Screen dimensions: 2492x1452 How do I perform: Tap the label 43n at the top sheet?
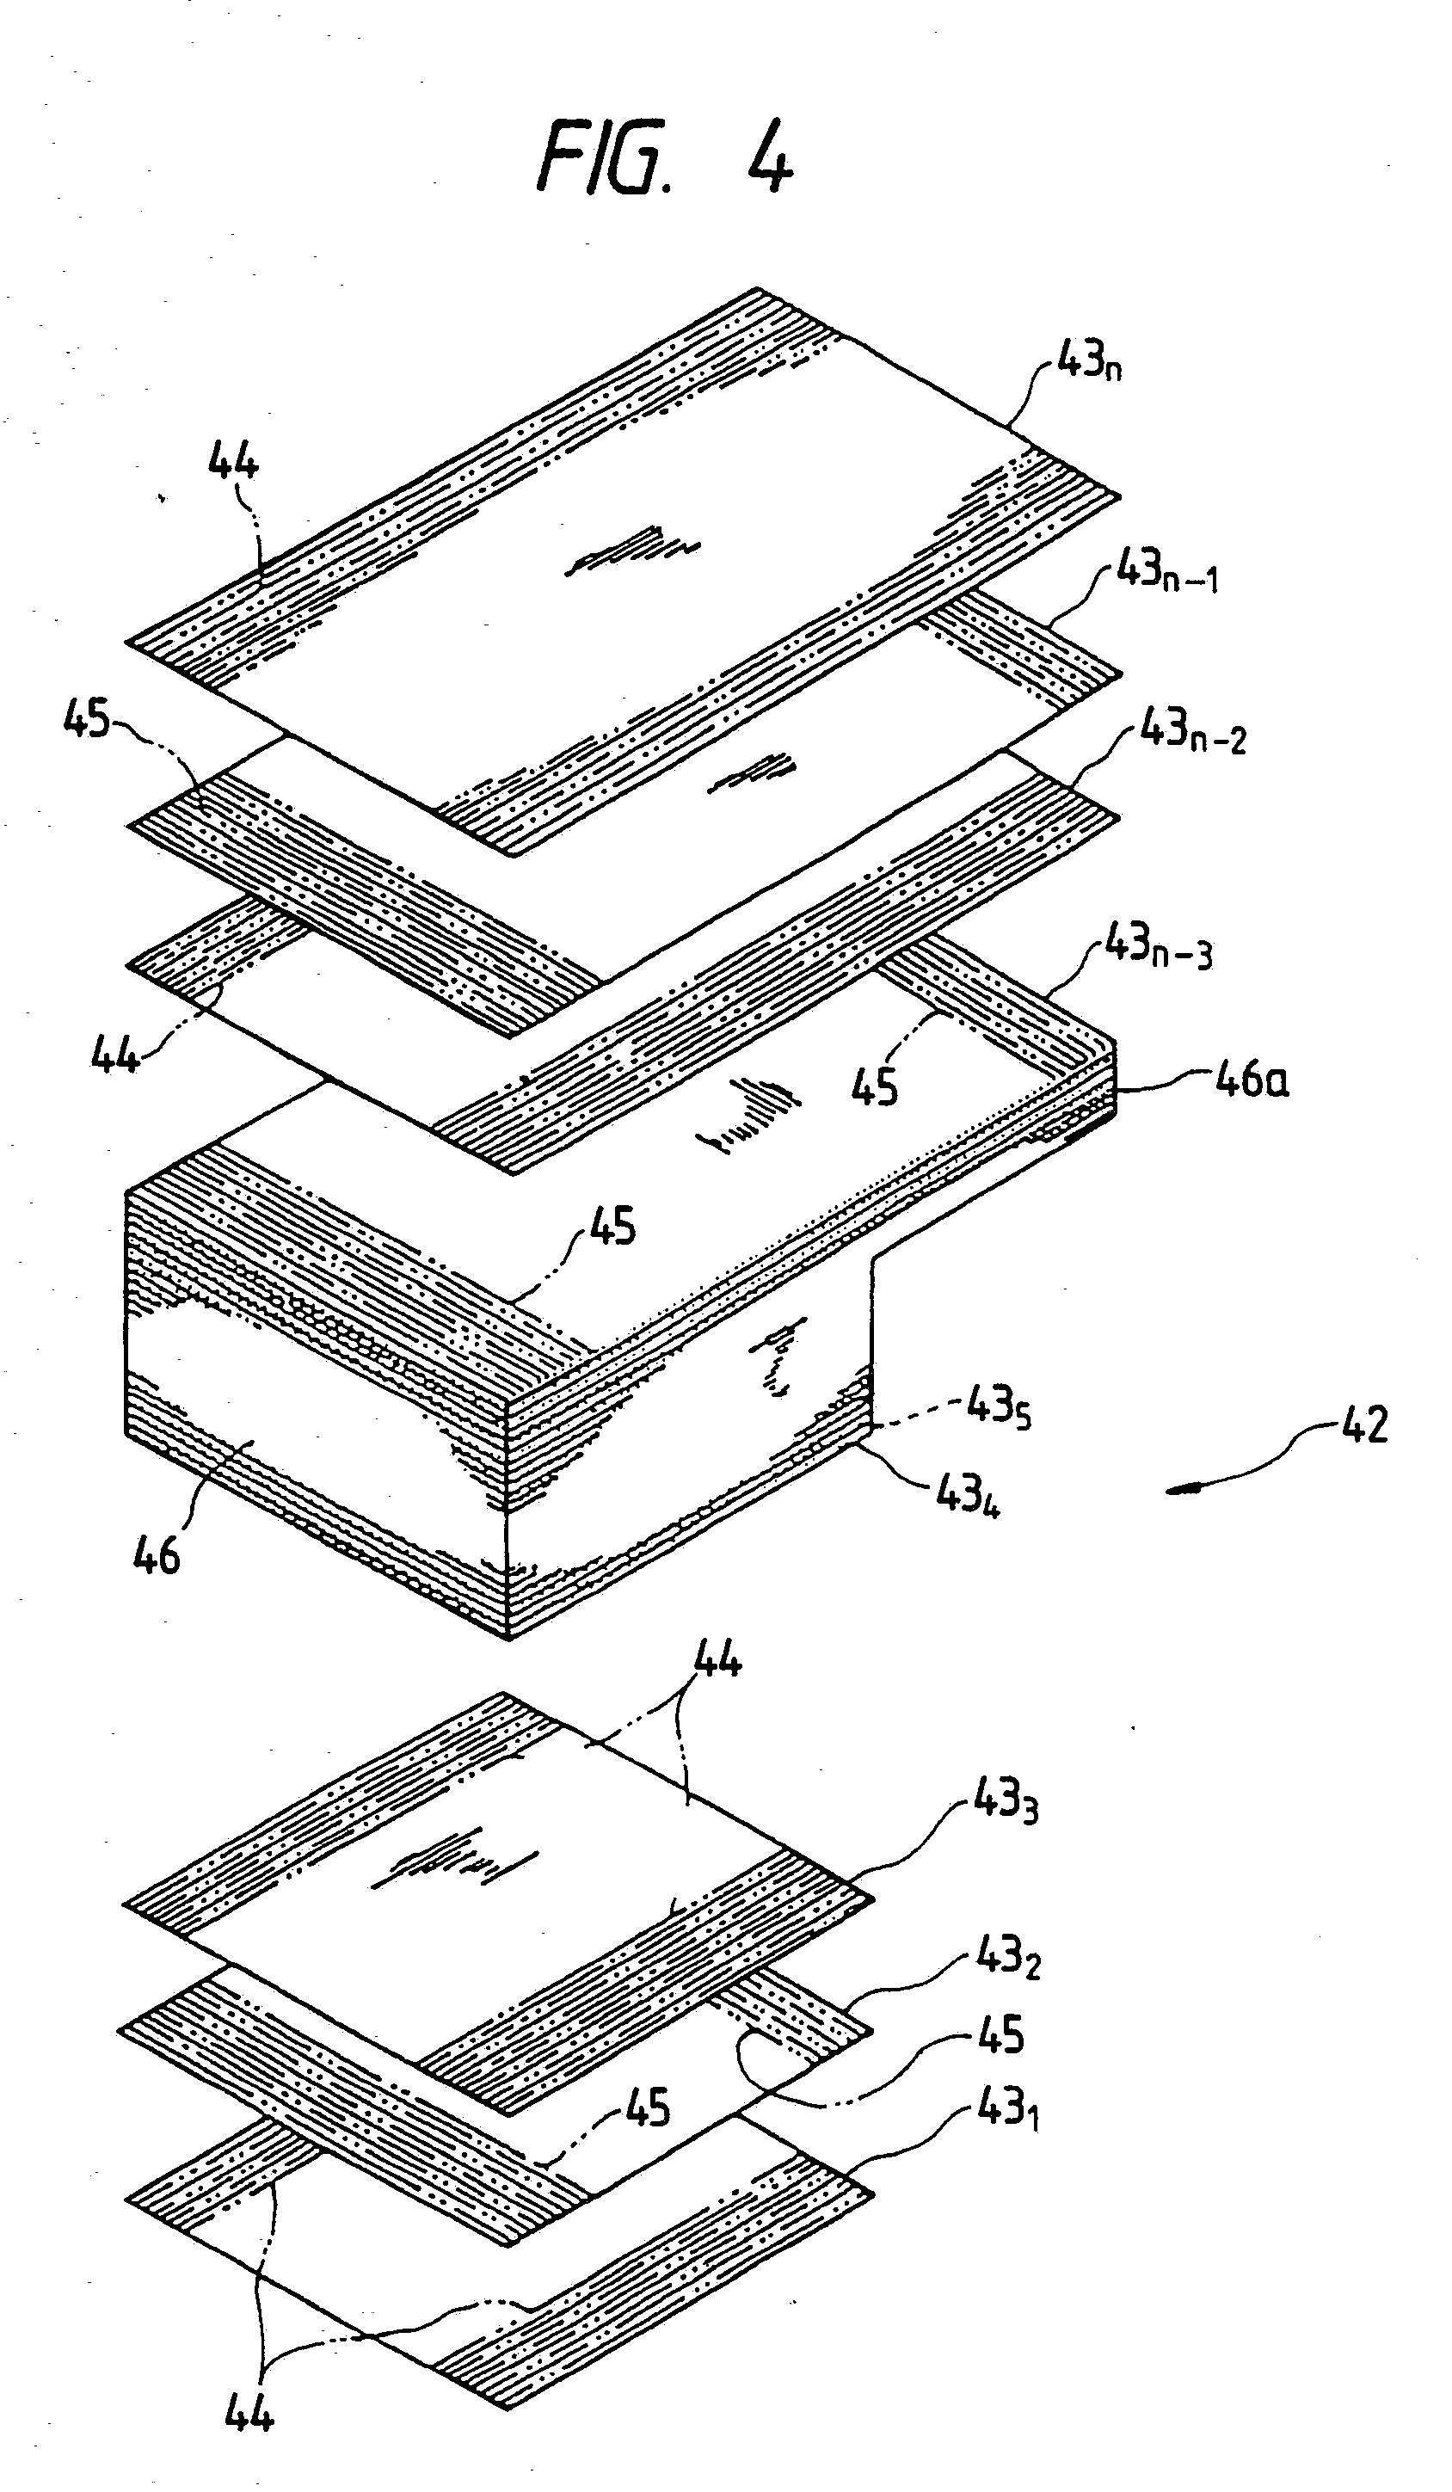click(x=1088, y=362)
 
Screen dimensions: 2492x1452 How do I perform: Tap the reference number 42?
click(x=1364, y=1426)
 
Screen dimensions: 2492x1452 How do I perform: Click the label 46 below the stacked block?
click(x=157, y=1555)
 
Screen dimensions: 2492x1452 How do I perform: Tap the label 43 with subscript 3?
click(x=1005, y=1800)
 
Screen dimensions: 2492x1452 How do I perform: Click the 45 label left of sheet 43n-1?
click(x=86, y=720)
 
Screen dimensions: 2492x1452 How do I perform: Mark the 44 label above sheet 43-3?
click(x=717, y=1658)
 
